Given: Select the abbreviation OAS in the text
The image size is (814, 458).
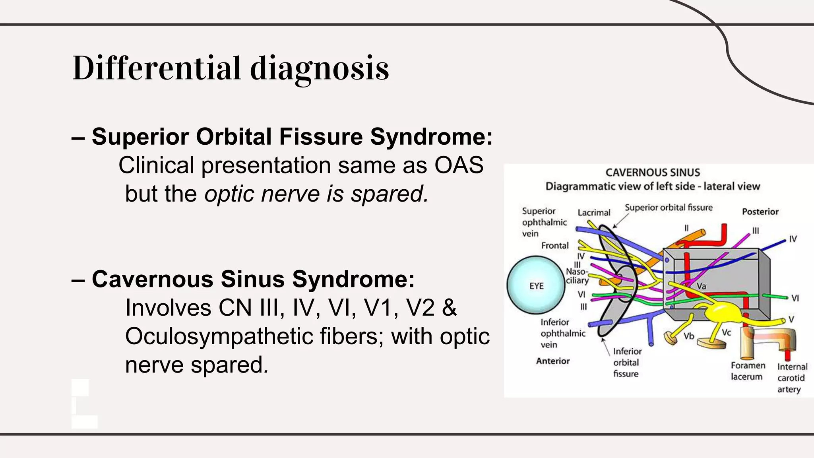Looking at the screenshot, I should click(459, 165).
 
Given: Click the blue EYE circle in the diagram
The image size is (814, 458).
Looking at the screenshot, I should click(536, 285).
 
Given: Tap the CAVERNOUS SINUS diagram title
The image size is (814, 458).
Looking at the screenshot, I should click(653, 173).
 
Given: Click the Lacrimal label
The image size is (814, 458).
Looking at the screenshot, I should click(594, 213).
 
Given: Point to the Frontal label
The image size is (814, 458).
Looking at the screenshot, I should click(555, 246).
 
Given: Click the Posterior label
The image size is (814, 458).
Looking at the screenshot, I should click(760, 212).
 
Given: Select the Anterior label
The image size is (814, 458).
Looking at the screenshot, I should click(553, 361).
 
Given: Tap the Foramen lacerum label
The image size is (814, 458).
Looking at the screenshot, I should click(748, 371).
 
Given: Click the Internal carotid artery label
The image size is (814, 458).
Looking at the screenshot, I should click(792, 378).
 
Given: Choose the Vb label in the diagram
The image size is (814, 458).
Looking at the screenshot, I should click(689, 336).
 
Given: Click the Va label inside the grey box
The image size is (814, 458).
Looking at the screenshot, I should click(701, 286).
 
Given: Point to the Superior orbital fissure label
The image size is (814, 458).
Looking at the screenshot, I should click(669, 208).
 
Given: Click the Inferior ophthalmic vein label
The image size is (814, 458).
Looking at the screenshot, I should click(562, 333).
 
